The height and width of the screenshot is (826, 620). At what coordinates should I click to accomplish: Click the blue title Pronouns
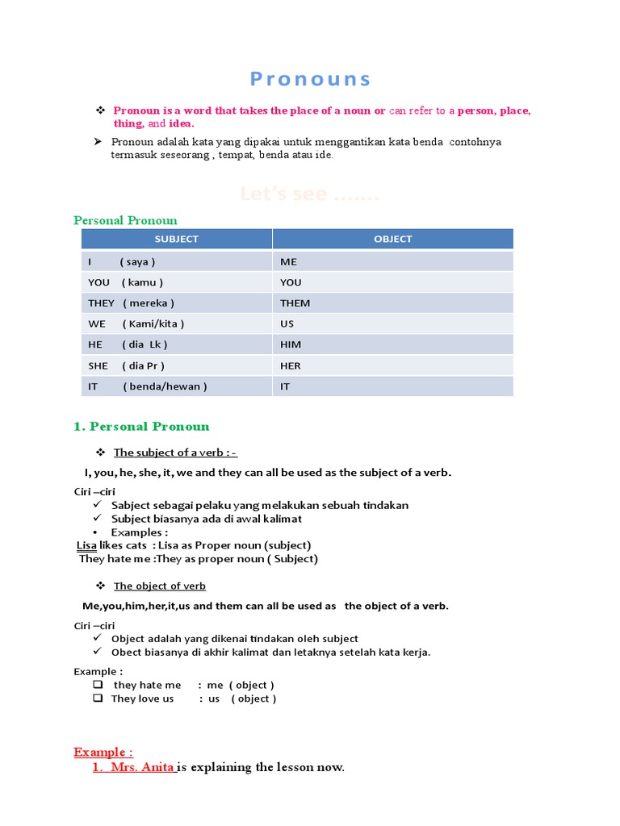(310, 79)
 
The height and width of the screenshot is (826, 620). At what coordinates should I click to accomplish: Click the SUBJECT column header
(176, 239)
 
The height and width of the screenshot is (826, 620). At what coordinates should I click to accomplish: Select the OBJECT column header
(392, 239)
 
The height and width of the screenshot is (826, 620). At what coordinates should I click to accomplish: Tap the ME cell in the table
(289, 261)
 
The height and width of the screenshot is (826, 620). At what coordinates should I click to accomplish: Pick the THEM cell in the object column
(295, 303)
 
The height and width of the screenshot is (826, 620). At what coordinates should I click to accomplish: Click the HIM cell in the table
(291, 344)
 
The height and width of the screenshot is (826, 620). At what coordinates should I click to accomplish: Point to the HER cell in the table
(291, 365)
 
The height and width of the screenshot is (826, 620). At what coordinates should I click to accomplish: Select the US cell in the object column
(287, 323)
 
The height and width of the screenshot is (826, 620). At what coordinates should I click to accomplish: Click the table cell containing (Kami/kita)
(153, 323)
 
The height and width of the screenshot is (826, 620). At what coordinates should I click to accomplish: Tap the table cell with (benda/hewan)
(165, 386)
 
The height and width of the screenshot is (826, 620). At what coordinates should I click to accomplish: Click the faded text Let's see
(309, 194)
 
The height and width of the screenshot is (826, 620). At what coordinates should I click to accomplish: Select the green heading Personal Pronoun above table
(125, 220)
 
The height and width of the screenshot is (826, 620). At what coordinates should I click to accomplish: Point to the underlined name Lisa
(86, 545)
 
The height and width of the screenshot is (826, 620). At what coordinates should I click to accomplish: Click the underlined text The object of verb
(159, 586)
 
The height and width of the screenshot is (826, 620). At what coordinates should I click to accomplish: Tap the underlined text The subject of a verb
(175, 453)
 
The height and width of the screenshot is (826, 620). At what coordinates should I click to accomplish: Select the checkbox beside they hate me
(98, 684)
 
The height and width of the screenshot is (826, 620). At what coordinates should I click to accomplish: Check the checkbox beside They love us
(98, 699)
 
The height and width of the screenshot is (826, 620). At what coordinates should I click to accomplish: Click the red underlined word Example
(103, 752)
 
